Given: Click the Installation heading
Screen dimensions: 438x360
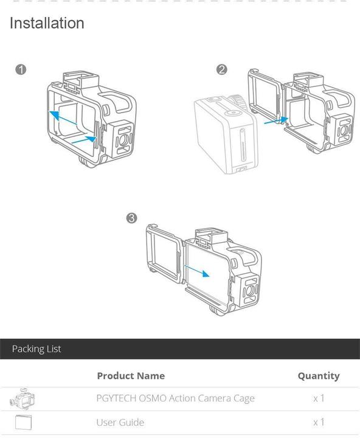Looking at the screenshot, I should point(47,24).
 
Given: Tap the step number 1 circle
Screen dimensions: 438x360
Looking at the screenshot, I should point(21,69).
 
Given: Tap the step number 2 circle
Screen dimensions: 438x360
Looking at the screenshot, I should point(221,69).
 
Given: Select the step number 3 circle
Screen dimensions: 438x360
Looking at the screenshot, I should point(131,218).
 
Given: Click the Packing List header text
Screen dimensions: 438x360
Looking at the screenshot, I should point(36,349).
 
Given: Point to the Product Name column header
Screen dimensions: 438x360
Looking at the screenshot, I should point(131,375).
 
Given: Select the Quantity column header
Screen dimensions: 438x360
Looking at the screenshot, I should point(318,375).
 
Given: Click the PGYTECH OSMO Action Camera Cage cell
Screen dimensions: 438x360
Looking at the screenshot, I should point(175,398).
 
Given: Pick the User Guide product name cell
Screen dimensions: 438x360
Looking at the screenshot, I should point(120,422).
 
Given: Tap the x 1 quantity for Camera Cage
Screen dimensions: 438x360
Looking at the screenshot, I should point(319,398).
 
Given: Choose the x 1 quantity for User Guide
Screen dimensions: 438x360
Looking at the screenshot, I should point(319,422).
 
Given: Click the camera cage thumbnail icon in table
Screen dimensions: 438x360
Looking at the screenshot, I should point(22,399).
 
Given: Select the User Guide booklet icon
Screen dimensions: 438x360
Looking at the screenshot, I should point(22,422).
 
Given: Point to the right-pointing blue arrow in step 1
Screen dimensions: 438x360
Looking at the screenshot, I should point(84,140).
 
